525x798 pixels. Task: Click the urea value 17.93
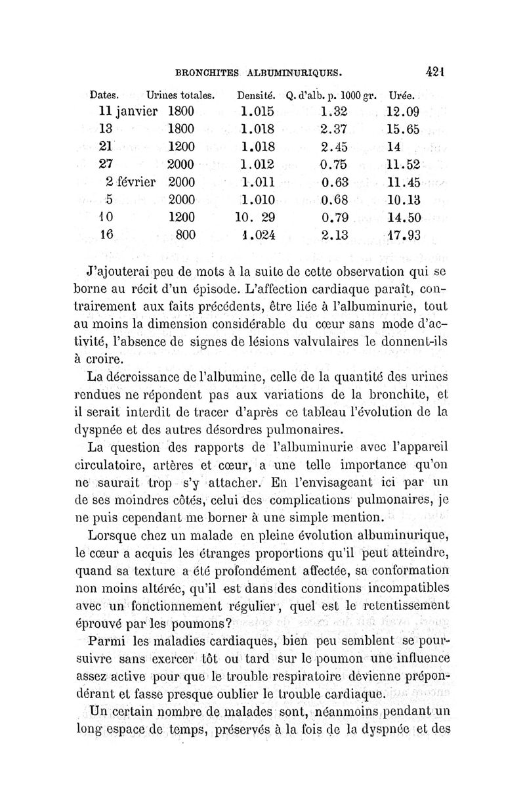pyautogui.click(x=402, y=234)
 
